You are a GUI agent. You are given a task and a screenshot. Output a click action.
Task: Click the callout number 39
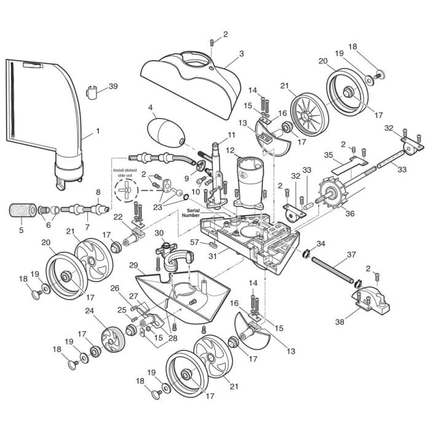pyautogui.click(x=112, y=87)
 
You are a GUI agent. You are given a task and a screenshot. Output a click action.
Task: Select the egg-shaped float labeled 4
pyautogui.click(x=165, y=133)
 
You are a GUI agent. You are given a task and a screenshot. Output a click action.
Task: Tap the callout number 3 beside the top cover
pyautogui.click(x=241, y=53)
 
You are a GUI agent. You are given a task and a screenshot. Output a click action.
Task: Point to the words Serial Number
pyautogui.click(x=190, y=213)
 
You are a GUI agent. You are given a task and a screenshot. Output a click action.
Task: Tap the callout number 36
pyautogui.click(x=350, y=214)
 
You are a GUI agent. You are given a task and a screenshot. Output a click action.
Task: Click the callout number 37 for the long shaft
pyautogui.click(x=369, y=254)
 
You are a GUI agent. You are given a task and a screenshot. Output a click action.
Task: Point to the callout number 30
pyautogui.click(x=159, y=233)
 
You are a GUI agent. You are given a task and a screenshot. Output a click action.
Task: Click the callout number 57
pyautogui.click(x=193, y=243)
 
